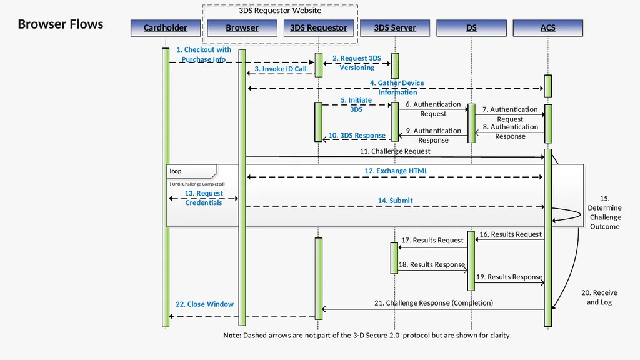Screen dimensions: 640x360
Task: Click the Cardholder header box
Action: pyautogui.click(x=166, y=27)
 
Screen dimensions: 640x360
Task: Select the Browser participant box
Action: pyautogui.click(x=242, y=27)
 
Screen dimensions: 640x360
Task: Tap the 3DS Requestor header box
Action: pyautogui.click(x=318, y=27)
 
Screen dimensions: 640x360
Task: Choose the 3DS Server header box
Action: pyautogui.click(x=395, y=27)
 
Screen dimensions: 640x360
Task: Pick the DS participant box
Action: pyautogui.click(x=471, y=27)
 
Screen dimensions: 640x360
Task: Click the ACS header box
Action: pyautogui.click(x=547, y=27)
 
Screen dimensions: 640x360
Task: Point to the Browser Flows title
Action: pyautogui.click(x=61, y=24)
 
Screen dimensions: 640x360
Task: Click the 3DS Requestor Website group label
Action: pyautogui.click(x=280, y=11)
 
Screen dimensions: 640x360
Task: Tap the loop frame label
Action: pyautogui.click(x=176, y=171)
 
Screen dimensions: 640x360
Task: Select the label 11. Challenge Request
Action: pyautogui.click(x=395, y=151)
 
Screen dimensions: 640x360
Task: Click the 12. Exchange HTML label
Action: pyautogui.click(x=396, y=171)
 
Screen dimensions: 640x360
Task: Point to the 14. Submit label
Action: pyautogui.click(x=395, y=201)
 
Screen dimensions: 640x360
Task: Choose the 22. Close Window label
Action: pyautogui.click(x=204, y=304)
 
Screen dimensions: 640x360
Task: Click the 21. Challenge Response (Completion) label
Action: pyautogui.click(x=434, y=303)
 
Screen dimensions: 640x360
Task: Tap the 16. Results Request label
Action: pyautogui.click(x=511, y=234)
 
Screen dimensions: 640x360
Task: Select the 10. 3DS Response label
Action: pyautogui.click(x=357, y=135)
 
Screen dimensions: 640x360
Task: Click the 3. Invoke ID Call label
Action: pyautogui.click(x=281, y=69)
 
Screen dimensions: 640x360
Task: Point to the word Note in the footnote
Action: pyautogui.click(x=232, y=336)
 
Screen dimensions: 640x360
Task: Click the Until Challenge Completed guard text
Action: pyautogui.click(x=197, y=184)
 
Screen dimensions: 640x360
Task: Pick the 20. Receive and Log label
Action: pyautogui.click(x=599, y=297)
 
